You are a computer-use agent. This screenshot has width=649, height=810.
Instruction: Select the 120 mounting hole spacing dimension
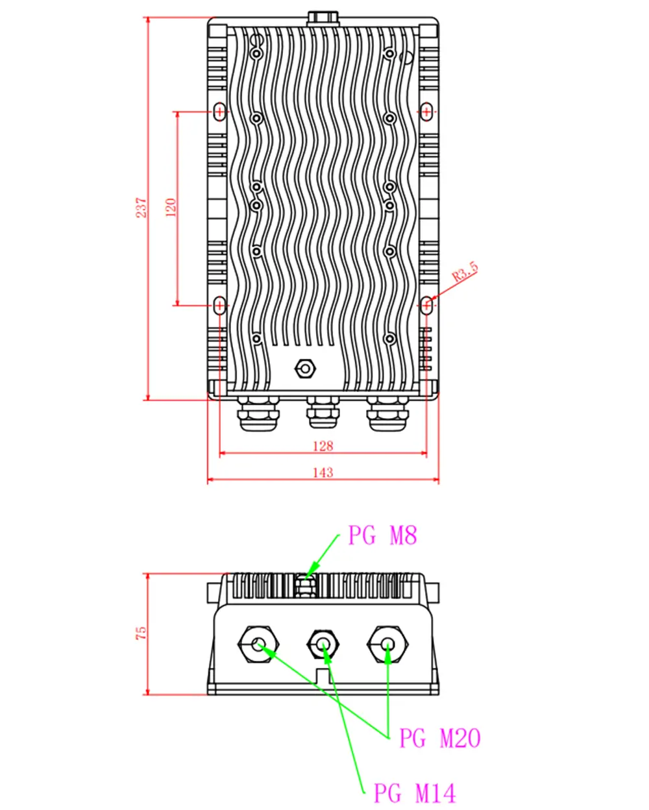(171, 207)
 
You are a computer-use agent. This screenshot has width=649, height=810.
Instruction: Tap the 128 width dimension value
(323, 446)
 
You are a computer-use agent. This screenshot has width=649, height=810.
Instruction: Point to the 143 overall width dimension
(323, 472)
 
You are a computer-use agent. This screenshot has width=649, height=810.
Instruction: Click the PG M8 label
(382, 536)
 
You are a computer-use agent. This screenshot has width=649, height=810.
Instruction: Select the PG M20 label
(439, 739)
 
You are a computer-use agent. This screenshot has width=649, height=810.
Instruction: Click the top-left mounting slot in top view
(220, 112)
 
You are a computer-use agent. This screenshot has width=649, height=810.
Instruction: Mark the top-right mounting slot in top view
(426, 112)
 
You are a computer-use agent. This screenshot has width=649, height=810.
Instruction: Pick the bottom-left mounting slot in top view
(220, 304)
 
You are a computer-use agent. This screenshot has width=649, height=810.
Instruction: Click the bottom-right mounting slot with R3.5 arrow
(426, 304)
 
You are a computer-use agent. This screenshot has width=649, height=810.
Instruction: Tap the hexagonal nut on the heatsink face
(304, 368)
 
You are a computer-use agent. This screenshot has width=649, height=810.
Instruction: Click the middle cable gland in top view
(323, 413)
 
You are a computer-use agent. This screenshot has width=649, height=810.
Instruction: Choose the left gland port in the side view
(258, 644)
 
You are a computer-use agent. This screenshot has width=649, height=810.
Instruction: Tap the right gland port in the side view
(387, 644)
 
